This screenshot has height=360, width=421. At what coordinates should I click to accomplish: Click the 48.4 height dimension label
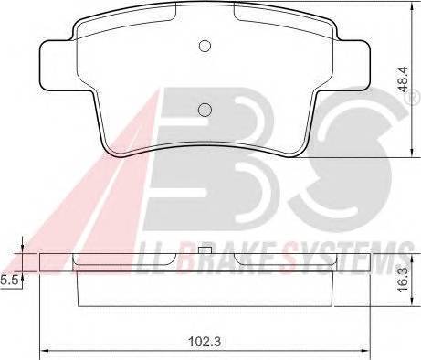[x=404, y=79]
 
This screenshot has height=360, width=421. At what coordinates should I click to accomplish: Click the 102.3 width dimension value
[x=205, y=342]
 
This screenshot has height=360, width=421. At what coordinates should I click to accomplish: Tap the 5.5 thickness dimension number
[x=8, y=280]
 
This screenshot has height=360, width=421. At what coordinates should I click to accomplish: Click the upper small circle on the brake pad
[x=205, y=46]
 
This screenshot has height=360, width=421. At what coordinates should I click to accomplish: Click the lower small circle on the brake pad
[x=205, y=110]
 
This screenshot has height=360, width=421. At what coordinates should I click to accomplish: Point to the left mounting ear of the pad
[x=58, y=66]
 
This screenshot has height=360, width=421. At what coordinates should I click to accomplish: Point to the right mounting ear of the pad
[x=353, y=66]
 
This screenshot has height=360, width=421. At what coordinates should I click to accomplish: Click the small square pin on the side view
[x=205, y=250]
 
